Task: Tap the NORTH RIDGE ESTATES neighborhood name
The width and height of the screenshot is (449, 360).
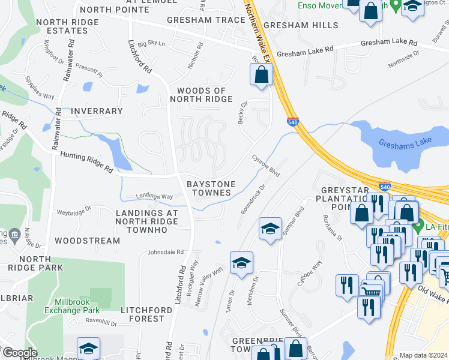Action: [67, 27]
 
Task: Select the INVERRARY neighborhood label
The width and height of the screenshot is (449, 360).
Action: [96, 111]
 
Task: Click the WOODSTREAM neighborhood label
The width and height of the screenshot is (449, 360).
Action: [87, 241]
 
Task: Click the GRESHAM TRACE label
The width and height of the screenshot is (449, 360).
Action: [198, 20]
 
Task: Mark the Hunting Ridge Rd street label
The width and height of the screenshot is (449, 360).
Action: [86, 162]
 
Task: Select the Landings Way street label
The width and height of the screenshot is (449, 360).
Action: [154, 196]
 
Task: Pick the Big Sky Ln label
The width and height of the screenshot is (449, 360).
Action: [151, 44]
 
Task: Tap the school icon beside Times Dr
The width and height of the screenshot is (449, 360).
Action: [241, 263]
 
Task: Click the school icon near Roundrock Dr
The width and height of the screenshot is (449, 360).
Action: [270, 229]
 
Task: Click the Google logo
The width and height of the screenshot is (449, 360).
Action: [19, 353]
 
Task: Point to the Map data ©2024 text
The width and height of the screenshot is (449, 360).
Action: [423, 355]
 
